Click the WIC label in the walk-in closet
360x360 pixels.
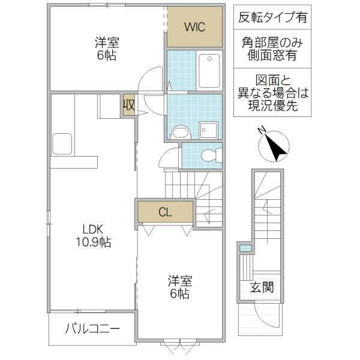pyautogui.click(x=194, y=27)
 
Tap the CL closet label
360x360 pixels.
pyautogui.click(x=166, y=212)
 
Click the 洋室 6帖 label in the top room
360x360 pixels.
pyautogui.click(x=106, y=49)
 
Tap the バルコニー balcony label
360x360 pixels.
pyautogui.click(x=92, y=329)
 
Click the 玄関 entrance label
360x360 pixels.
pyautogui.click(x=262, y=287)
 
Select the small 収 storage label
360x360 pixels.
pyautogui.click(x=128, y=106)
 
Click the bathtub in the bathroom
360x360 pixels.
pyautogui.click(x=209, y=70)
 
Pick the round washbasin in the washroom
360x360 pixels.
pyautogui.click(x=179, y=131)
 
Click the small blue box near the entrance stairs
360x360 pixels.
pyautogui.click(x=245, y=248)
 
